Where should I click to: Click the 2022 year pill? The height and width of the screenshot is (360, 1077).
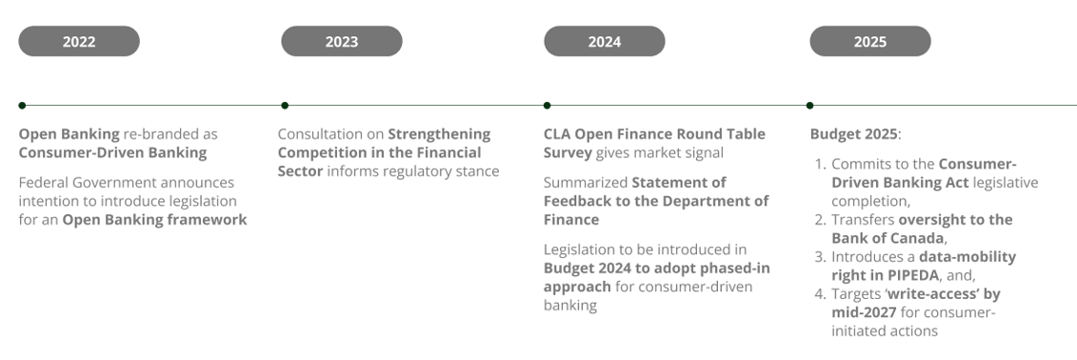[79, 41]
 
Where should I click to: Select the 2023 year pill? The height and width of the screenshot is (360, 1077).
[341, 41]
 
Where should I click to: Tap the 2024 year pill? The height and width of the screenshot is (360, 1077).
[605, 41]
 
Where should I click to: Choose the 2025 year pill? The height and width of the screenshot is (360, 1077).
[870, 41]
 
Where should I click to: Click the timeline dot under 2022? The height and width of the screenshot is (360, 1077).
[22, 105]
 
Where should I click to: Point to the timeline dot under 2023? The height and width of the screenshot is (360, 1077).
[285, 105]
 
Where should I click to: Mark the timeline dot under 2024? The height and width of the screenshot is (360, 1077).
[547, 105]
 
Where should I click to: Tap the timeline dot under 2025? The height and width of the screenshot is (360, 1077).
[809, 105]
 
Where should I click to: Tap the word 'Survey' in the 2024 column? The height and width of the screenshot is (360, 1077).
[568, 152]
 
